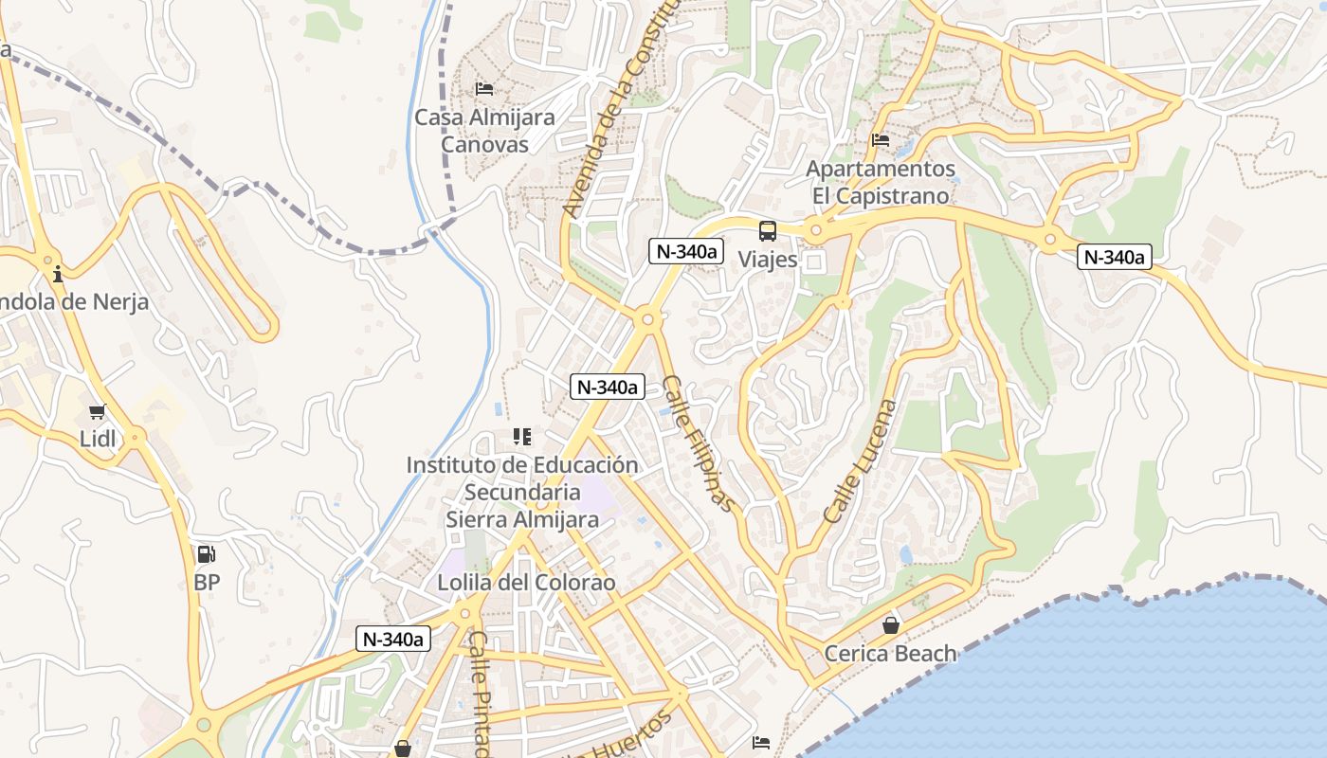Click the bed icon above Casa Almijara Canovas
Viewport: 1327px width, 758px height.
click(x=484, y=90)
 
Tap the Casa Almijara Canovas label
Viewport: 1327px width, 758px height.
click(x=484, y=131)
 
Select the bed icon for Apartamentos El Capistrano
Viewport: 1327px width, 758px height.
click(x=881, y=141)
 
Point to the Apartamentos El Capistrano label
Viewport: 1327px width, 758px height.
click(x=881, y=182)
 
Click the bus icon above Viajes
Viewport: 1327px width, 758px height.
click(x=767, y=230)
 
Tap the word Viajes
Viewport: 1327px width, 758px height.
click(x=767, y=259)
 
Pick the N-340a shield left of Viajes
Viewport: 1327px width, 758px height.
click(x=686, y=251)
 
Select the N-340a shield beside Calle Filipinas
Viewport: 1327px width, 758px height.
click(x=608, y=387)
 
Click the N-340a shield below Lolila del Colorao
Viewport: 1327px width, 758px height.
click(x=393, y=639)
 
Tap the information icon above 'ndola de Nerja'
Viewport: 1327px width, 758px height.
click(x=58, y=274)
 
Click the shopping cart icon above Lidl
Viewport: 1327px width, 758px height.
click(x=97, y=412)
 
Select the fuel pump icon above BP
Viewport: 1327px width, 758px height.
click(x=206, y=554)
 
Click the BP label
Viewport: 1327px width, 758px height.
click(x=207, y=582)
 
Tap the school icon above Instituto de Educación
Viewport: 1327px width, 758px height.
click(x=521, y=437)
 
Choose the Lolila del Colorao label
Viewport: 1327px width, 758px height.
click(x=526, y=582)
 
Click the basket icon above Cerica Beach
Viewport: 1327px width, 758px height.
click(x=890, y=625)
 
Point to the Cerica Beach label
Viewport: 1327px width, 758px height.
click(x=890, y=653)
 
